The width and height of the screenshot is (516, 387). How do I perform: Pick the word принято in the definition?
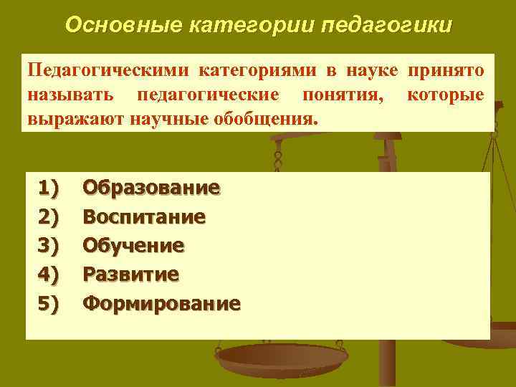click(446, 71)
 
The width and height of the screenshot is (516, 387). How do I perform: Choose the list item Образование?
click(151, 188)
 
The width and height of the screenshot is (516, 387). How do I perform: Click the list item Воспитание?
click(144, 216)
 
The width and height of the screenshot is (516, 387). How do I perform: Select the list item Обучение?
click(133, 245)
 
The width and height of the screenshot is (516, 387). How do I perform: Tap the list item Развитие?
click(131, 274)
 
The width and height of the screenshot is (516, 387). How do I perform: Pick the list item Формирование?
click(161, 302)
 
